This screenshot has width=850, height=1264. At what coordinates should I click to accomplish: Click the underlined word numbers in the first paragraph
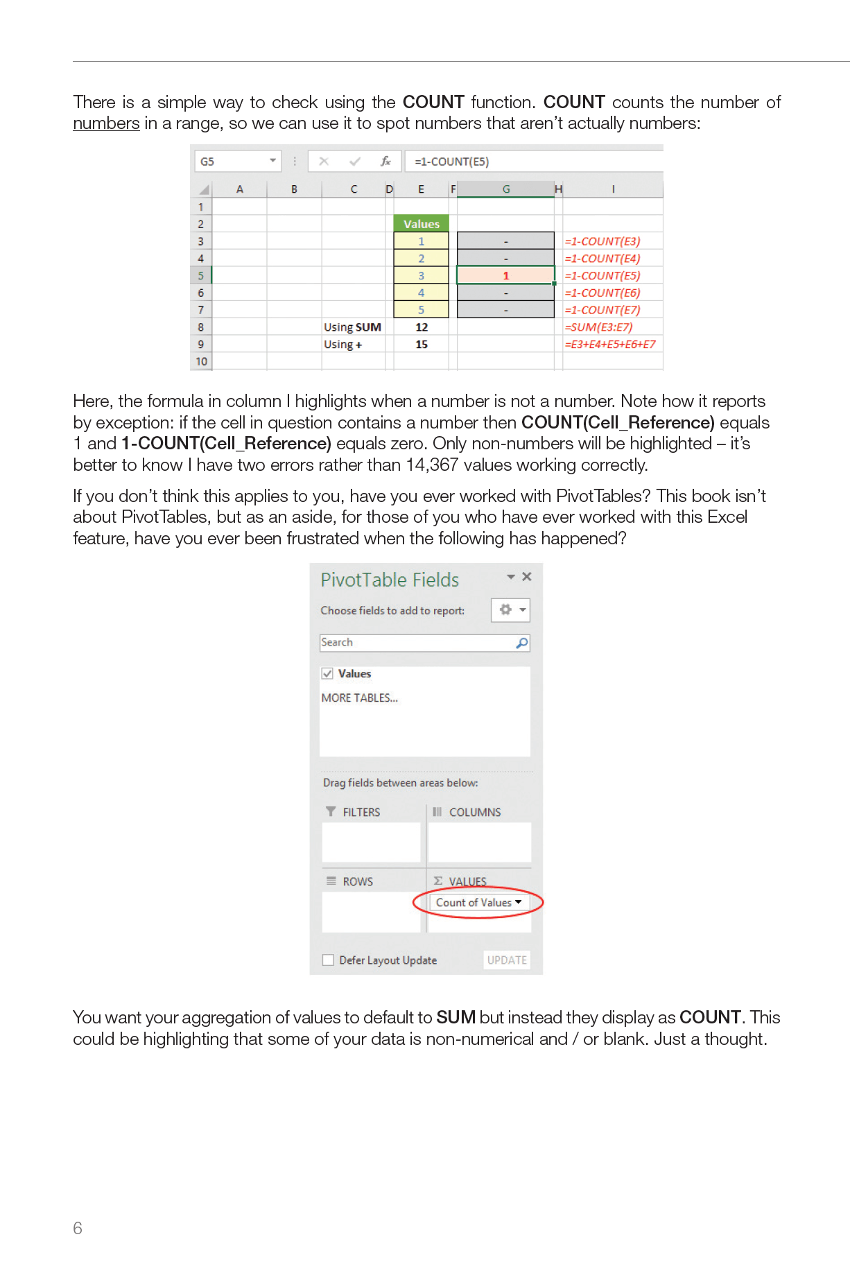[x=106, y=124]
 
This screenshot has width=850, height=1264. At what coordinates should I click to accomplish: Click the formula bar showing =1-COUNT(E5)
[x=527, y=162]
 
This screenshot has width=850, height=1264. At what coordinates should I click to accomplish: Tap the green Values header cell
[x=422, y=224]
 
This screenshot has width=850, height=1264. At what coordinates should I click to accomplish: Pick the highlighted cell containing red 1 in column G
[x=505, y=275]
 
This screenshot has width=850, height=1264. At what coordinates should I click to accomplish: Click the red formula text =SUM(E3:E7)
[x=598, y=327]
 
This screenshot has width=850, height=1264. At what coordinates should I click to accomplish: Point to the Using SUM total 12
[x=422, y=327]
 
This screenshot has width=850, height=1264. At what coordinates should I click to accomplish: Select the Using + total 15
[x=422, y=345]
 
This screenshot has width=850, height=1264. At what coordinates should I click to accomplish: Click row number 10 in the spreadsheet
[x=201, y=361]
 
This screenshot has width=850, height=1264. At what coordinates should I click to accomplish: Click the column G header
[x=505, y=189]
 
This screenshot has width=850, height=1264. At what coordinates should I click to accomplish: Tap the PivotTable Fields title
[x=390, y=580]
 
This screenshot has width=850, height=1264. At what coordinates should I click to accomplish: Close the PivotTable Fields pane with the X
[x=527, y=577]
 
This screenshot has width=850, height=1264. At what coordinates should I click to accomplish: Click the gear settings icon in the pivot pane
[x=505, y=609]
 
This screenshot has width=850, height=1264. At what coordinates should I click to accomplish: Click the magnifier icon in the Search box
[x=521, y=643]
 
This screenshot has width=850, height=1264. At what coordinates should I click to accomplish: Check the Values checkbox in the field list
[x=327, y=673]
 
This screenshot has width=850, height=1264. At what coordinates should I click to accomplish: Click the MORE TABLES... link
[x=359, y=698]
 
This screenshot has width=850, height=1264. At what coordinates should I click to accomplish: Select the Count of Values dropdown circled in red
[x=478, y=903]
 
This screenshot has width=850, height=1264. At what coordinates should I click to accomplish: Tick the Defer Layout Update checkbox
[x=329, y=960]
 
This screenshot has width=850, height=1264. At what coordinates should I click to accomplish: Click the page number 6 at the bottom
[x=78, y=1228]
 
